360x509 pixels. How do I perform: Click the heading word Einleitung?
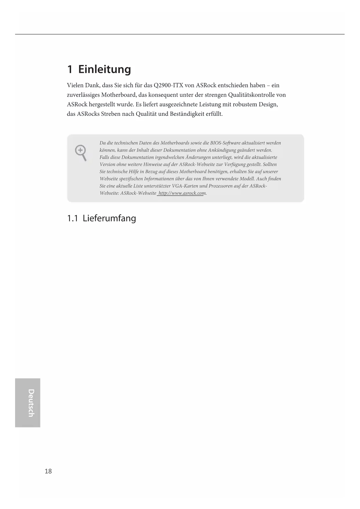(x=104, y=70)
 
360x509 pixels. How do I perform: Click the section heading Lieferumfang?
(x=109, y=218)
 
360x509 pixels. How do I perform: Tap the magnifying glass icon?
(x=81, y=153)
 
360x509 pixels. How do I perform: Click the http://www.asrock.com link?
(x=182, y=193)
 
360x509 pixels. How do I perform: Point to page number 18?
(x=48, y=471)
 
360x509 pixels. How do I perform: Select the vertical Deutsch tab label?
(x=31, y=403)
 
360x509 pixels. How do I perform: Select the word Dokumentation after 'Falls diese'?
(x=138, y=157)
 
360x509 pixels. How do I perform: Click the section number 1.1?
(x=73, y=218)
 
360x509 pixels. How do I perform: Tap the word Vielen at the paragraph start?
(x=75, y=85)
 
